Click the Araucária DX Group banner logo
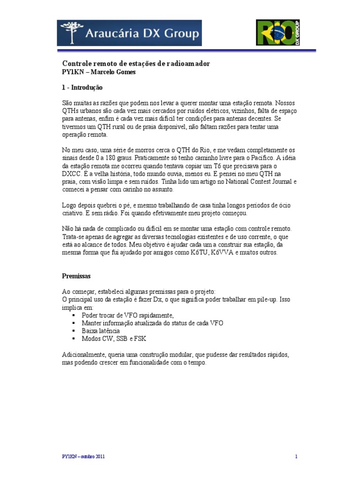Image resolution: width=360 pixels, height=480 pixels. click(129, 33)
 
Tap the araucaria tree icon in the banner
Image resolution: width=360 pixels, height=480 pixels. click(72, 32)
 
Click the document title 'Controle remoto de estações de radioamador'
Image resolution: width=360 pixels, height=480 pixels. click(136, 63)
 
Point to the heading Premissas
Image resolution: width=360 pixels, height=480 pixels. click(76, 276)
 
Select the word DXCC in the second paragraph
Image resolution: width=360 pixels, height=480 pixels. click(72, 173)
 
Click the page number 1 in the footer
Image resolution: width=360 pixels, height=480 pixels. click(297, 456)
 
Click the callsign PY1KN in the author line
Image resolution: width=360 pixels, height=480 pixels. click(74, 72)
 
